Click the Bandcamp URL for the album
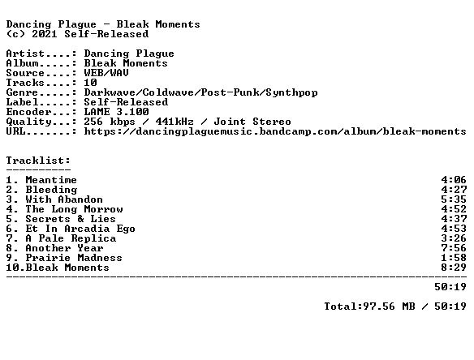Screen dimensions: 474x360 [275, 131]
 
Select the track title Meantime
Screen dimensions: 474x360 [51, 180]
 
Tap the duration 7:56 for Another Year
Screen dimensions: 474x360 [454, 248]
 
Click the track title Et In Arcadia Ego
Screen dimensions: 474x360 [80, 229]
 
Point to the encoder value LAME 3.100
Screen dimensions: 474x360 [116, 112]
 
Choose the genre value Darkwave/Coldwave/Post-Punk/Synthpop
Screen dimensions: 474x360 [200, 92]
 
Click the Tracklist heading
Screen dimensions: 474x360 [38, 161]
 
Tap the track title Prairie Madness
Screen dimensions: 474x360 [74, 258]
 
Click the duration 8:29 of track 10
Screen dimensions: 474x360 [454, 268]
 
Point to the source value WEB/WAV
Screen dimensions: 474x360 [106, 73]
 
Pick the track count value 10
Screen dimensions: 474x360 [90, 83]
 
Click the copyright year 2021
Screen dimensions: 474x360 [45, 34]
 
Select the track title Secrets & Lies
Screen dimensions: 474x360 [71, 219]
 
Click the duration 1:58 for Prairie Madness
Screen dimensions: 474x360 [454, 258]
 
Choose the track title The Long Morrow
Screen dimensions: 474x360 [74, 209]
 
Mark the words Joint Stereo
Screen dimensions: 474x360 [252, 122]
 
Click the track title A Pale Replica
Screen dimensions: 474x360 [71, 238]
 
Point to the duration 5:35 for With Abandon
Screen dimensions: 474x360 [454, 199]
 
